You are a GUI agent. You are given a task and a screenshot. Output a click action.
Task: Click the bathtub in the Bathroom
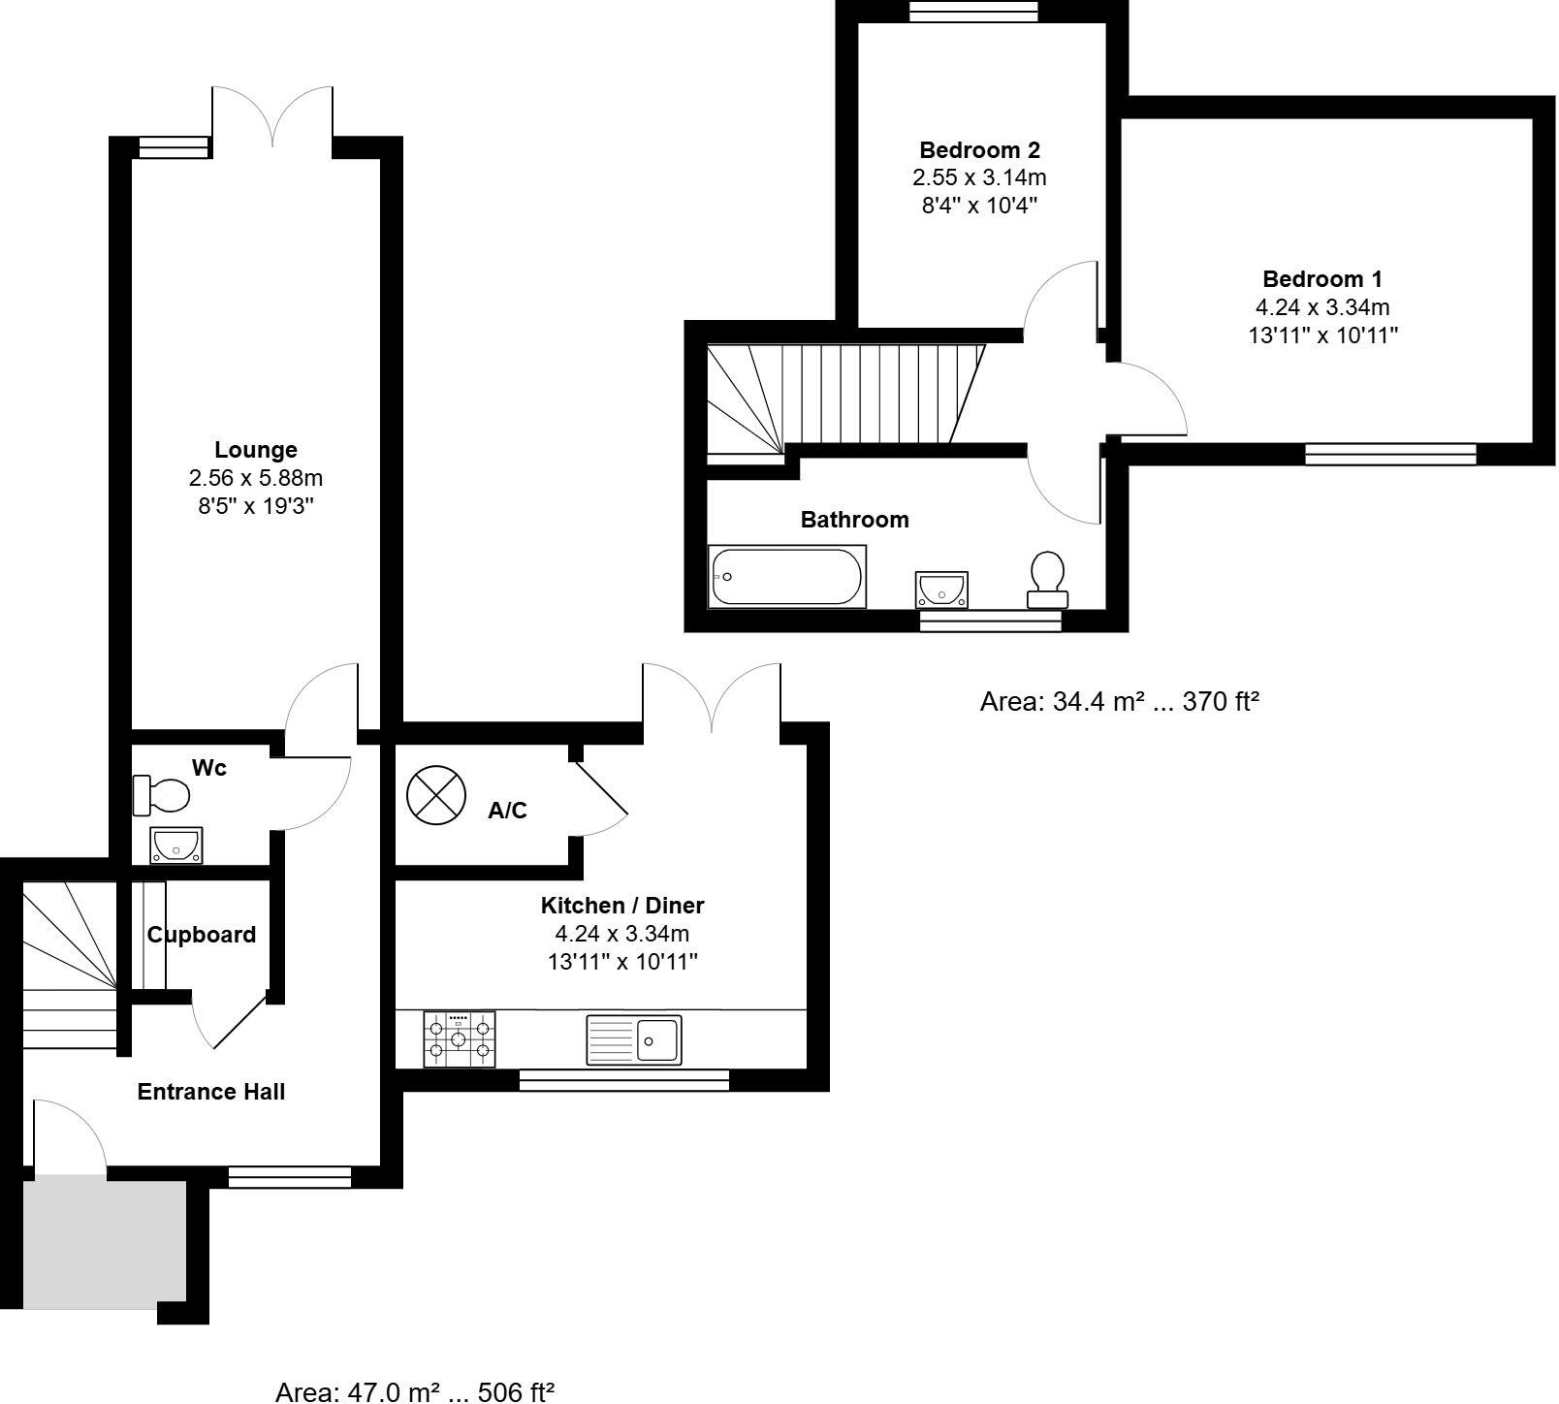tap(787, 577)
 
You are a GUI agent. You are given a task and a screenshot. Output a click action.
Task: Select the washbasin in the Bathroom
tap(941, 589)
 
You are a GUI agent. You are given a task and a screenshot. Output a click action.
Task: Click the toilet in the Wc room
tap(161, 796)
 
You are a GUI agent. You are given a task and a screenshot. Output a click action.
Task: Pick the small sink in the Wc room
tap(176, 845)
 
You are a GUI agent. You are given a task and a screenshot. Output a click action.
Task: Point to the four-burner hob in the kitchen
tap(460, 1039)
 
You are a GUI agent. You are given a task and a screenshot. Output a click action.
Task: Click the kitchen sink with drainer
tap(634, 1039)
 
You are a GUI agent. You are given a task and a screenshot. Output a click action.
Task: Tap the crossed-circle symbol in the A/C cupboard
tap(436, 795)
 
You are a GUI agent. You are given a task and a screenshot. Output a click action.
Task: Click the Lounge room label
tap(256, 450)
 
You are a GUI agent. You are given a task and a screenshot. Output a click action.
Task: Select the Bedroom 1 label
tap(1322, 279)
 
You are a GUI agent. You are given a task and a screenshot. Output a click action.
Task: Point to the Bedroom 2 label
tap(979, 150)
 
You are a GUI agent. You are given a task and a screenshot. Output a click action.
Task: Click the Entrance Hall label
tap(211, 1092)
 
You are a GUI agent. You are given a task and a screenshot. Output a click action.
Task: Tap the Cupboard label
tap(202, 935)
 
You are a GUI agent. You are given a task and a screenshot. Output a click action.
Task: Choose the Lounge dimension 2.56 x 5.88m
tap(256, 478)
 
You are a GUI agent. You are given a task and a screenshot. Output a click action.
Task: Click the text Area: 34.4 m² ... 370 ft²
tap(1119, 701)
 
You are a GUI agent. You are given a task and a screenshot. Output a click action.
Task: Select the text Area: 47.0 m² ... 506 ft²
tap(415, 1392)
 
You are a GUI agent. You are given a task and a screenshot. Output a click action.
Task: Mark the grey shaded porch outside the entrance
tap(105, 1240)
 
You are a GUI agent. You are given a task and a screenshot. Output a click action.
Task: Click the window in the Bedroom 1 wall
tap(1390, 454)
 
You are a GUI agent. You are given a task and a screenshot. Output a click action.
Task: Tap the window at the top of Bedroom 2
tap(972, 11)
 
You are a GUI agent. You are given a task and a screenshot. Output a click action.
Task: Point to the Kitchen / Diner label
tap(622, 906)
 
